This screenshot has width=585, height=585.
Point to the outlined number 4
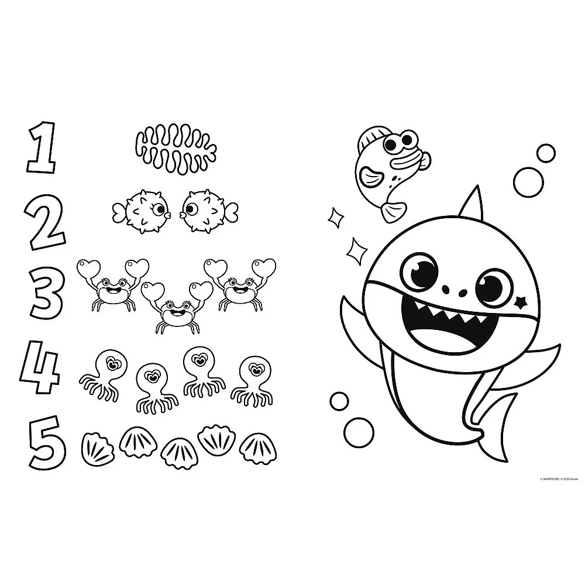[x=40, y=366]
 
